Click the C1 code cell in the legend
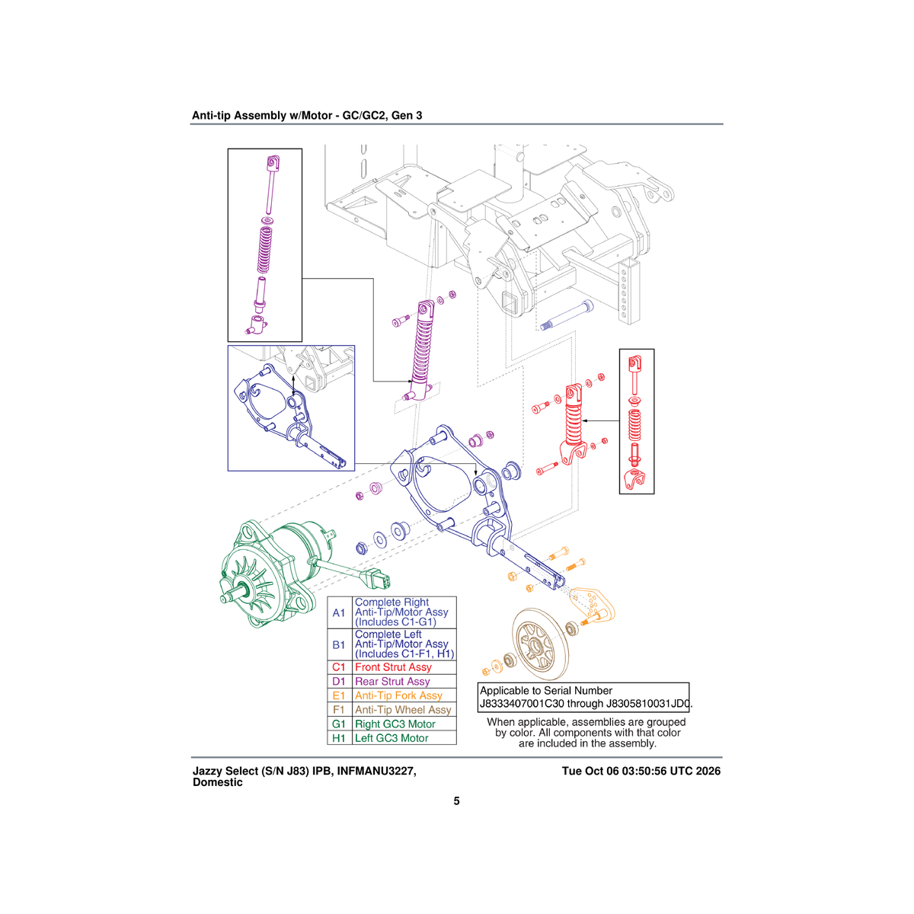339,667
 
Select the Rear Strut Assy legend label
392,681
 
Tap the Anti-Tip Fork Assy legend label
398,695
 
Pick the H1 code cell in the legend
339,738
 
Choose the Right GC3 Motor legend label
395,724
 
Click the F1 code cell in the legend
339,710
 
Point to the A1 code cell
339,613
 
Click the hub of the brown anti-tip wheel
535,646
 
